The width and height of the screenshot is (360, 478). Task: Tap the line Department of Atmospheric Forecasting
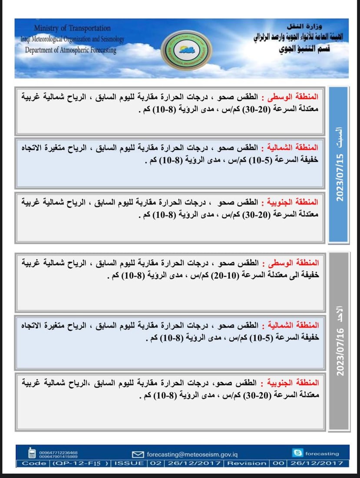[x=71, y=50]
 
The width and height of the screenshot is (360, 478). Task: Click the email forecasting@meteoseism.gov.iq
[x=192, y=455]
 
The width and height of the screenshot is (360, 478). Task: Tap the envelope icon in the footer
[x=138, y=455]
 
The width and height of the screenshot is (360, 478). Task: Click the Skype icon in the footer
[x=298, y=453]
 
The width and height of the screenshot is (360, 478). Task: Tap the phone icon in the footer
[x=32, y=454]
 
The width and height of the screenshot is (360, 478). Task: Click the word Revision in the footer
[x=247, y=463]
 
